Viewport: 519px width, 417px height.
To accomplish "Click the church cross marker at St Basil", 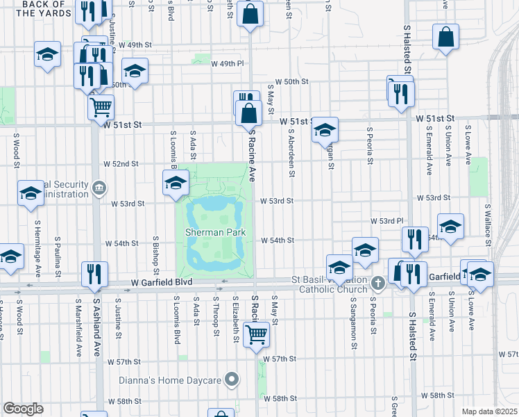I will [377, 283].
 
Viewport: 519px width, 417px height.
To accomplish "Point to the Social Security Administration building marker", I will [99, 187].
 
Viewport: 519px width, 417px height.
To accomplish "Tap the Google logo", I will [23, 408].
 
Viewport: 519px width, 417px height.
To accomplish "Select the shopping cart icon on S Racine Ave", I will [257, 334].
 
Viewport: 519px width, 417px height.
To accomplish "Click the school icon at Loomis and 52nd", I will [176, 183].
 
